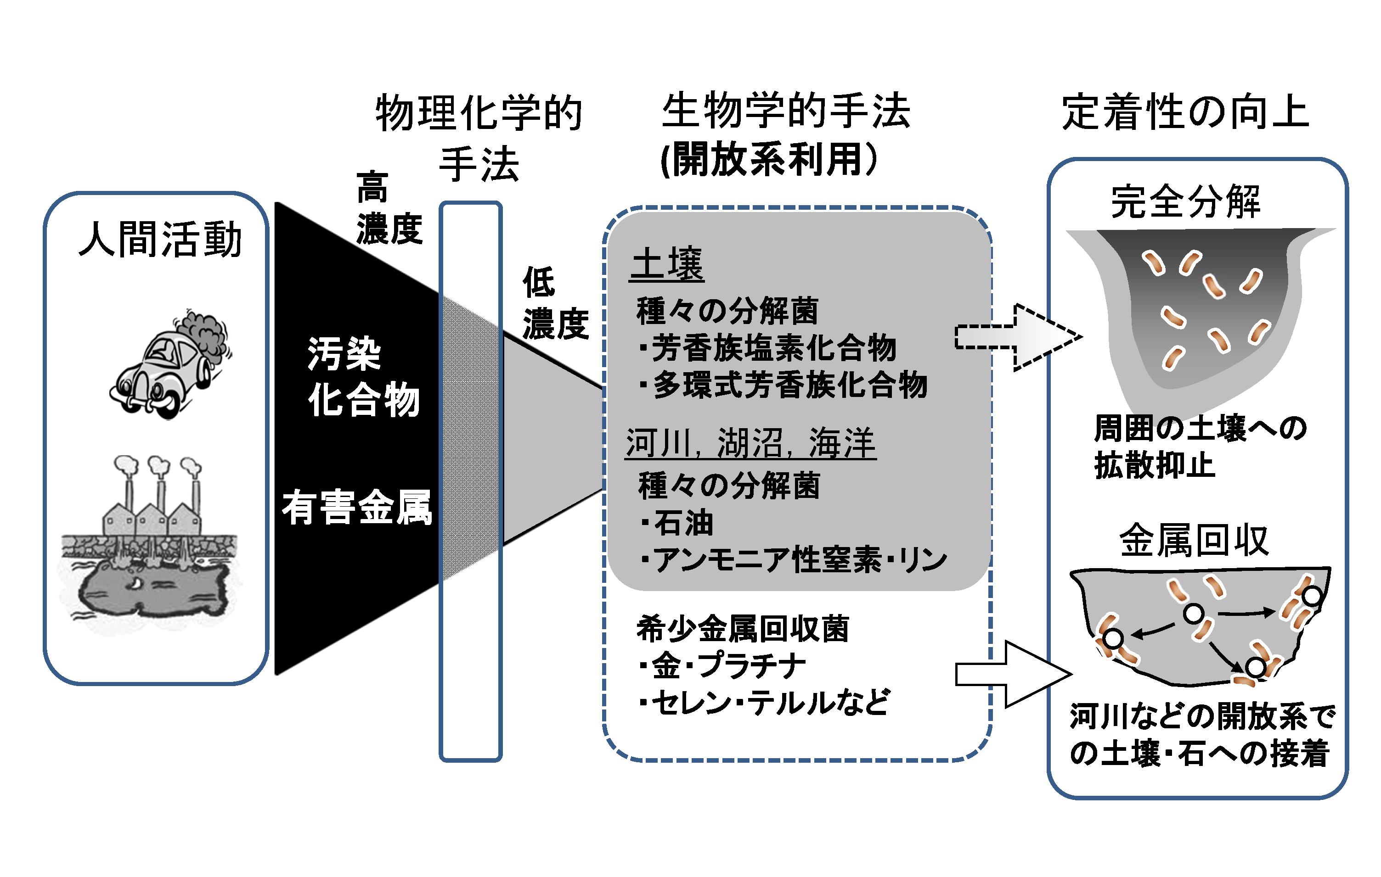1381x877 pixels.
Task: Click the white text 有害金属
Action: click(357, 507)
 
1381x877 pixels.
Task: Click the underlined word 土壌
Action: click(667, 264)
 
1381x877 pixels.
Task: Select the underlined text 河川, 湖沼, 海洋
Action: click(750, 443)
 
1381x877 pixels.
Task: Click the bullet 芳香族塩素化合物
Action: click(768, 348)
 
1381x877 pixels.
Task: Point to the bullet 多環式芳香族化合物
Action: click(784, 385)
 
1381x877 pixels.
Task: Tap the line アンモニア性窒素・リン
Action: click(795, 559)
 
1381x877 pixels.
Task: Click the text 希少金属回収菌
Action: click(743, 628)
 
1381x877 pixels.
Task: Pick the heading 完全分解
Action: click(1185, 202)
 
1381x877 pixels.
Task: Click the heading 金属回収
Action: click(1194, 541)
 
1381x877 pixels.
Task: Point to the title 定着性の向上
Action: click(1185, 112)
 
